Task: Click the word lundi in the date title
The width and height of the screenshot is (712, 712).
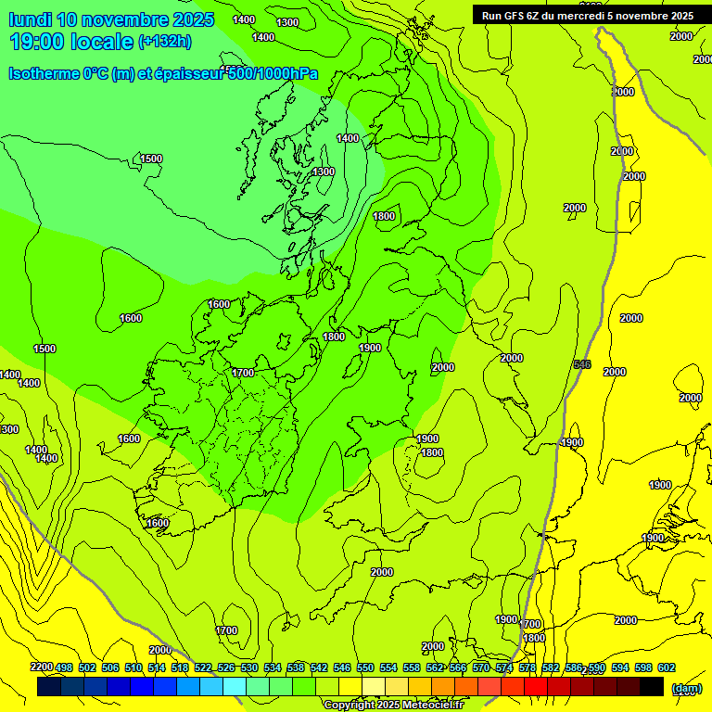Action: (31, 19)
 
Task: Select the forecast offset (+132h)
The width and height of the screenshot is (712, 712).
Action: (165, 42)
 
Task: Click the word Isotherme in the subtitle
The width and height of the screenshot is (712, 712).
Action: (44, 74)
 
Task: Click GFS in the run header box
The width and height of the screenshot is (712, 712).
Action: (516, 15)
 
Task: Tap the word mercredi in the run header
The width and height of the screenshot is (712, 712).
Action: (593, 15)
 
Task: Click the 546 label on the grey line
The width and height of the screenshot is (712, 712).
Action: (582, 364)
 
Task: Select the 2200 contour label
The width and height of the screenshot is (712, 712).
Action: (42, 667)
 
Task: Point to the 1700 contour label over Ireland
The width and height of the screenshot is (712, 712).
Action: (243, 373)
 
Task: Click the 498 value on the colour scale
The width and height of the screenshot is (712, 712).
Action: (64, 667)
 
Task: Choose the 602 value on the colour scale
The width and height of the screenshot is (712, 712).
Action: (666, 667)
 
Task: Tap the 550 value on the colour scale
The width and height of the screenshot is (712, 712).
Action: (365, 667)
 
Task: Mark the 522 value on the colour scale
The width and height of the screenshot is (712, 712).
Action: (203, 667)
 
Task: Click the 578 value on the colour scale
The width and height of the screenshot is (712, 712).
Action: (527, 667)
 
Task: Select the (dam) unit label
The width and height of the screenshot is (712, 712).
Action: (686, 687)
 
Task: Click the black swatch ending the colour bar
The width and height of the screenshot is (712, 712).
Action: (652, 687)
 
